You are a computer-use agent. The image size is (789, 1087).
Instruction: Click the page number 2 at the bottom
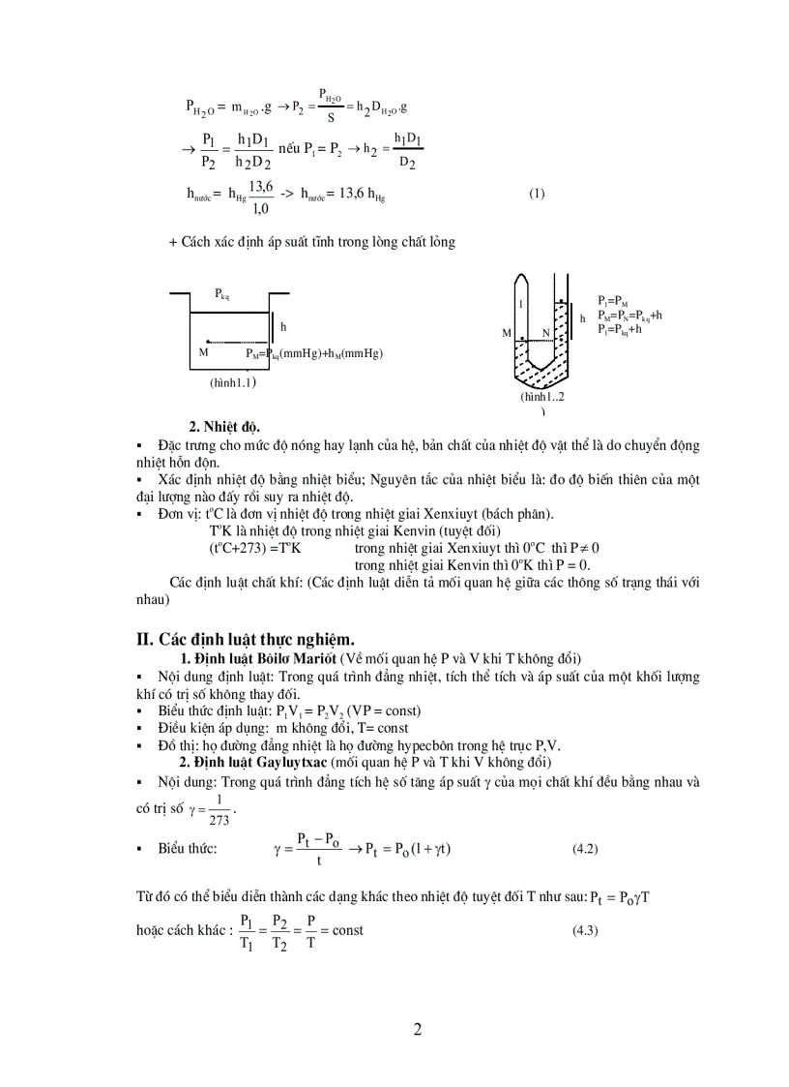[418, 1029]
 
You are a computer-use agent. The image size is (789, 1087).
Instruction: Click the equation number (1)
[537, 193]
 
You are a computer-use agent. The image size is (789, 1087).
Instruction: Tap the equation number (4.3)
[586, 930]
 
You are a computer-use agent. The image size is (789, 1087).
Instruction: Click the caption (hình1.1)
[232, 382]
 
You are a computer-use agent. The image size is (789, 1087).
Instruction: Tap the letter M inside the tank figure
[203, 352]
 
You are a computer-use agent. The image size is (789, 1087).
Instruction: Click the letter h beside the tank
[283, 327]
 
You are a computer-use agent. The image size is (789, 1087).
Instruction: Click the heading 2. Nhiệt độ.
[223, 426]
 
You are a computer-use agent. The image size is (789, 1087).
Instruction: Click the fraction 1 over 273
[219, 808]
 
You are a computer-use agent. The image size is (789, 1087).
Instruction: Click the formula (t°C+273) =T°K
[255, 546]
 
